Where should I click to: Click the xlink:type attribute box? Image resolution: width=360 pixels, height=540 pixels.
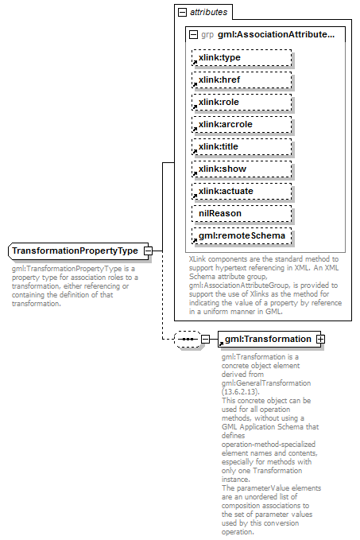(241, 58)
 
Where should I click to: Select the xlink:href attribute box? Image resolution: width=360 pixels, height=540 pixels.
(241, 80)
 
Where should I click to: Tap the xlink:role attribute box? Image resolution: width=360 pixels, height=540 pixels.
(241, 103)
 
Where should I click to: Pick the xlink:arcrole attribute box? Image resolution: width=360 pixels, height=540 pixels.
(241, 125)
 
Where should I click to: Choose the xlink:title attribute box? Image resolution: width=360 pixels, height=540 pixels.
(241, 147)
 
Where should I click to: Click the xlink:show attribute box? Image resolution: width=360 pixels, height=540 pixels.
(241, 169)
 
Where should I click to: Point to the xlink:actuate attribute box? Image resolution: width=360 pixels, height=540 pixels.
(241, 192)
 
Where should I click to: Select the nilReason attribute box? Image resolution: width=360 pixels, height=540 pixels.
(241, 214)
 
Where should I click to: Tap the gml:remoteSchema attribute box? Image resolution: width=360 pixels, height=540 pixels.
(241, 236)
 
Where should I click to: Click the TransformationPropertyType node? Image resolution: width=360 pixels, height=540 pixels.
(75, 251)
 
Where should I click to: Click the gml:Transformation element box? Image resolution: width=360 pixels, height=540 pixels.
(267, 339)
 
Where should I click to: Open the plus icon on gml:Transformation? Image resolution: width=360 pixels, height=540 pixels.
(321, 339)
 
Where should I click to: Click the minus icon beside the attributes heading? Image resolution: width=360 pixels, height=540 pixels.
(182, 13)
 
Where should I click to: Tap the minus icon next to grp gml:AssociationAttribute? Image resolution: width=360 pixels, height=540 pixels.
(193, 35)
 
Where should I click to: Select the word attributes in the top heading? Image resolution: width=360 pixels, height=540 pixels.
(208, 13)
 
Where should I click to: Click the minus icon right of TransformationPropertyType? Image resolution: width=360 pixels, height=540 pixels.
(148, 251)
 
